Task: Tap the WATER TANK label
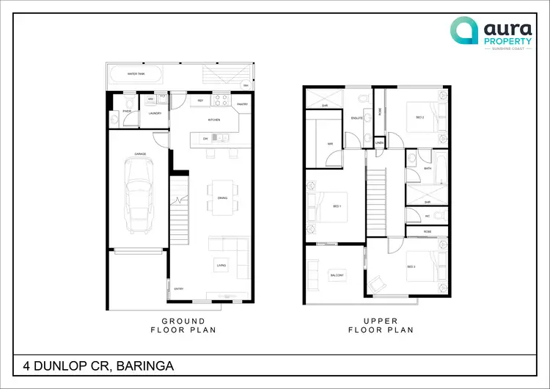tap(136, 74)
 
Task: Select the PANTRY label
tap(243, 104)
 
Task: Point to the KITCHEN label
tap(214, 119)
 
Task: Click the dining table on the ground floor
tap(222, 197)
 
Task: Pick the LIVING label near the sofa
tap(220, 265)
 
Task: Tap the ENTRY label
tap(178, 288)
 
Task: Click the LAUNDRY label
tap(155, 114)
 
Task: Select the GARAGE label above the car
tap(140, 154)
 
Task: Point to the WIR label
tap(330, 144)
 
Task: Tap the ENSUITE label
tap(357, 117)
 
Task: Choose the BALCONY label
tap(337, 275)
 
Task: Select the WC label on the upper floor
tap(427, 216)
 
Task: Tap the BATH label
tap(428, 168)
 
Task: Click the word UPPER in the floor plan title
tap(381, 321)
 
